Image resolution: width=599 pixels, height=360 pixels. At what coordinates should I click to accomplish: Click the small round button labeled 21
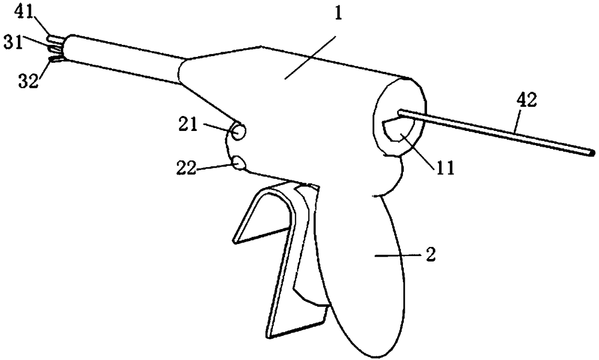point(238,132)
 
